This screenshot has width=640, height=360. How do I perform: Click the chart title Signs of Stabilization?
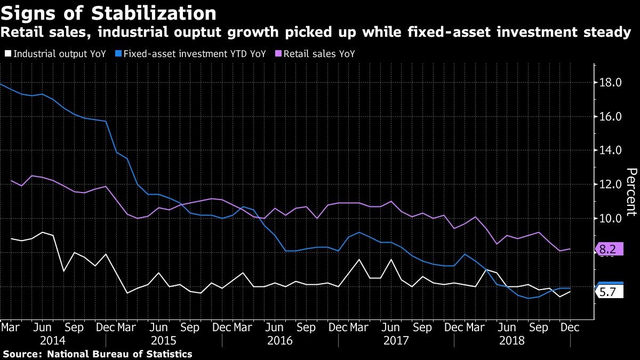click(x=109, y=13)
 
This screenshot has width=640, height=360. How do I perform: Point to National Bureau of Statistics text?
click(x=119, y=354)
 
